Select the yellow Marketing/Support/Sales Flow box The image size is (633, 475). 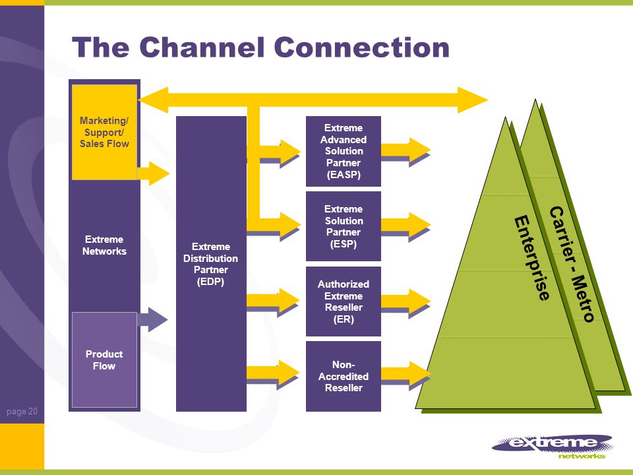[x=105, y=132]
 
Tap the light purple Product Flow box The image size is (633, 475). [x=105, y=360]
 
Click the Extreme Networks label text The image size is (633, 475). [x=105, y=245]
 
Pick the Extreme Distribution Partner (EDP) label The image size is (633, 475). [x=211, y=264]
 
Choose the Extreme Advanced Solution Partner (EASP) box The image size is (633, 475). [x=344, y=152]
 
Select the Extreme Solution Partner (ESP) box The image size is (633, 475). [x=344, y=226]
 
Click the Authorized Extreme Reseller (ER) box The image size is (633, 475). [x=344, y=301]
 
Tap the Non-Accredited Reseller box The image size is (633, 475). [x=344, y=377]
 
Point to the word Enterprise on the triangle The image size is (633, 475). [x=532, y=259]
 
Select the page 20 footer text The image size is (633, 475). [x=22, y=411]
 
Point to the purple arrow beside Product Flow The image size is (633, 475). [x=152, y=319]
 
